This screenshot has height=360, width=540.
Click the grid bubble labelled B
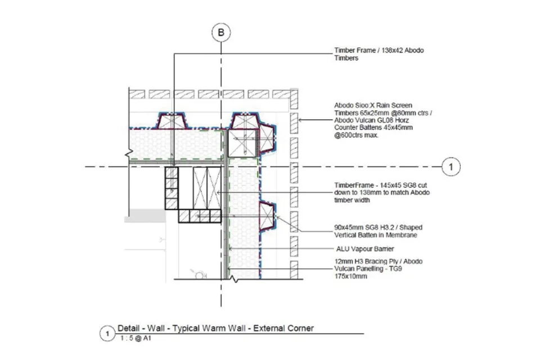tap(220, 33)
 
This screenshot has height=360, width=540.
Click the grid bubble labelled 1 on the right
tap(451, 166)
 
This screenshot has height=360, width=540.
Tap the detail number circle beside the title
tap(107, 334)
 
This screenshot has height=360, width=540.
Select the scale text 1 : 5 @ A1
tap(136, 338)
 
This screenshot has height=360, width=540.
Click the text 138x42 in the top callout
tap(391, 50)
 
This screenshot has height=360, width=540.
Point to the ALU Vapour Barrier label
tap(365, 249)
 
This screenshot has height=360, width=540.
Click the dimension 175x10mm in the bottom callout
tap(350, 276)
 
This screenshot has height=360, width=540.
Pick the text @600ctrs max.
tap(356, 135)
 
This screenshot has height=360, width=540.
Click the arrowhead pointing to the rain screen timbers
tap(300, 120)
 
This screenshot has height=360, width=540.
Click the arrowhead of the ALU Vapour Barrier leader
tap(231, 249)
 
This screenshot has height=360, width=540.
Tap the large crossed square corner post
tap(242, 143)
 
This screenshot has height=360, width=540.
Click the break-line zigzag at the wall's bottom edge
tap(234, 279)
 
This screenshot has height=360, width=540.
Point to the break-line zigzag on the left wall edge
tap(129, 154)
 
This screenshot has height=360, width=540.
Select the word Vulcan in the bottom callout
tap(344, 269)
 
